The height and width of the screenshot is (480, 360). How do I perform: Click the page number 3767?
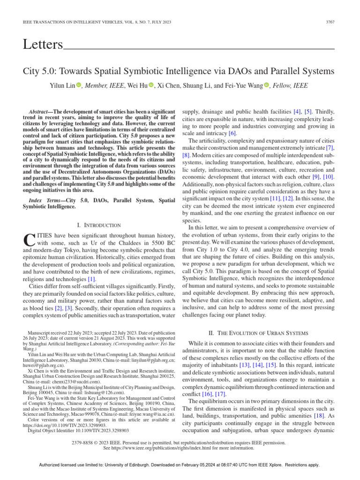click(330, 22)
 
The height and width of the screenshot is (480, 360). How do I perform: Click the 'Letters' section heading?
click(43, 45)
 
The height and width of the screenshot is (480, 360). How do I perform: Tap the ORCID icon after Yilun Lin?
click(79, 85)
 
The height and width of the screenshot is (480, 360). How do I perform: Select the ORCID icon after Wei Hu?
click(151, 85)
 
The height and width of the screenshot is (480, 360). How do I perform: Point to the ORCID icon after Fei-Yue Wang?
click(267, 85)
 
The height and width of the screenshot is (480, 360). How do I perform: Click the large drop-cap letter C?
click(29, 240)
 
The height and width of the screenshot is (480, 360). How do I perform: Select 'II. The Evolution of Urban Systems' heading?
click(258, 332)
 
